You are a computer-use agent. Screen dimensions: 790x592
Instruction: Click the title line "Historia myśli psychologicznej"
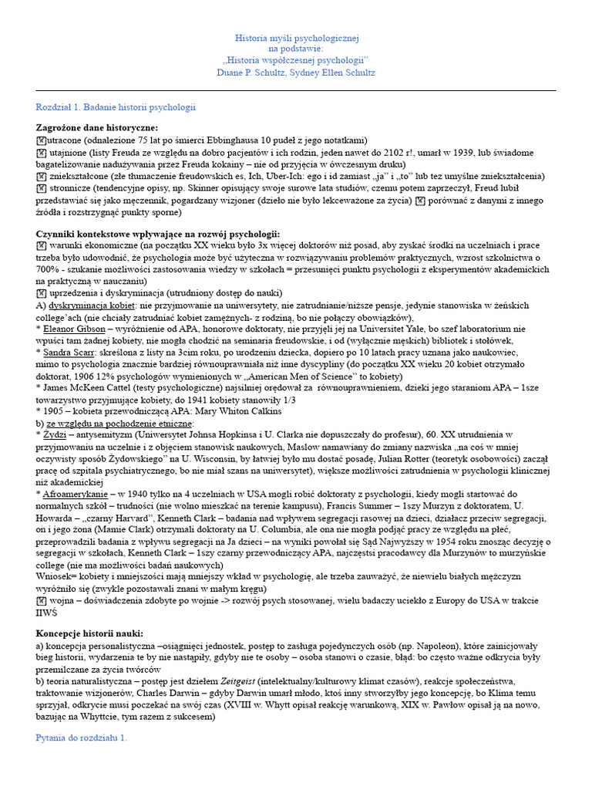(296, 38)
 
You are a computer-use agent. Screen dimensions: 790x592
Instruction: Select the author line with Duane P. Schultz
(296, 72)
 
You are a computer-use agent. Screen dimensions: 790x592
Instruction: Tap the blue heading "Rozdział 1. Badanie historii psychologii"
(116, 107)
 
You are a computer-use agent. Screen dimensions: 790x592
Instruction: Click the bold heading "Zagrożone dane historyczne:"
(97, 127)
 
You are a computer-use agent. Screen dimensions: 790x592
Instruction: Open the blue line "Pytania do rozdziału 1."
(82, 738)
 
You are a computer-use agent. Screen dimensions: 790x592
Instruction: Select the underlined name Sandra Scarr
(69, 351)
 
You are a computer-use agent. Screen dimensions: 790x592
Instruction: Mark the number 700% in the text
(49, 268)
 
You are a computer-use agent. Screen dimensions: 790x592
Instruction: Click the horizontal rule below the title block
(296, 90)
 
